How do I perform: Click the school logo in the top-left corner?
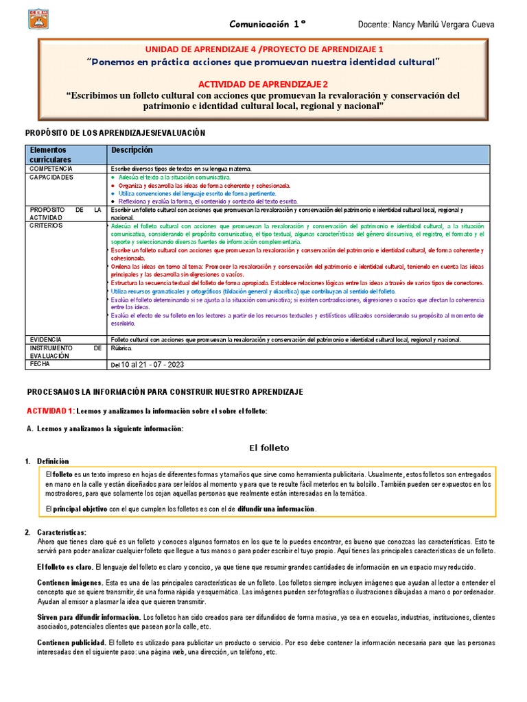click(39, 19)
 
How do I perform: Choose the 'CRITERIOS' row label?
click(45, 225)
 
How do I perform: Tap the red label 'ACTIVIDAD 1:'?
click(50, 411)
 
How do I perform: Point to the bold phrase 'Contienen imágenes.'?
click(69, 582)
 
